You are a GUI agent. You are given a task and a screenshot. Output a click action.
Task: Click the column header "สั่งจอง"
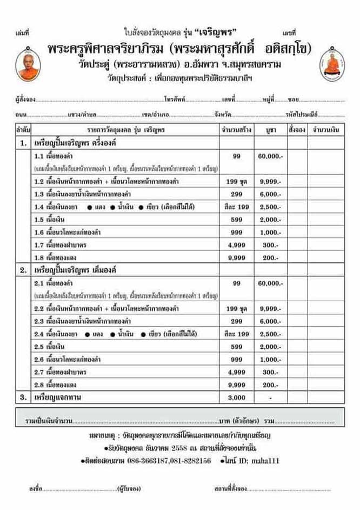pos(297,130)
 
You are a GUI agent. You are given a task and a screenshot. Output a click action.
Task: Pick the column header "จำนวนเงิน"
pos(325,130)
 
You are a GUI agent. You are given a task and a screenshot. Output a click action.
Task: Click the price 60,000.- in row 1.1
pos(270,156)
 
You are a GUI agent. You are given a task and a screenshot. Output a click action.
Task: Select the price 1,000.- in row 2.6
pos(270,359)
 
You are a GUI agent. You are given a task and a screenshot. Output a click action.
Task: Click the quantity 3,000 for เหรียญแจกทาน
pos(236,397)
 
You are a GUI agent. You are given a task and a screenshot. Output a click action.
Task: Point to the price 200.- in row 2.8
pos(270,385)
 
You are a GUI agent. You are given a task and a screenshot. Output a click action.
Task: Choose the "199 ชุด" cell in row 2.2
pos(236,308)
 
